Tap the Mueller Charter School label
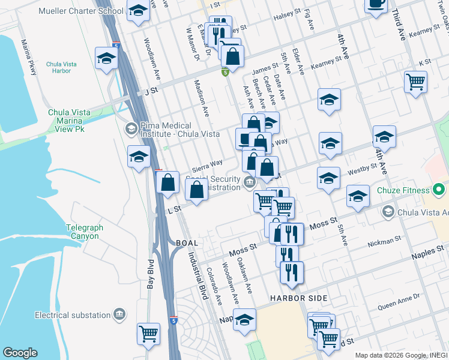pyautogui.click(x=80, y=11)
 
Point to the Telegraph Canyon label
pyautogui.click(x=82, y=232)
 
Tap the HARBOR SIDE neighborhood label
pyautogui.click(x=298, y=298)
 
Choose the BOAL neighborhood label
pyautogui.click(x=188, y=242)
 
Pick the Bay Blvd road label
pyautogui.click(x=151, y=274)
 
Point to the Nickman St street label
pyautogui.click(x=384, y=241)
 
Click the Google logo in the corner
pyautogui.click(x=19, y=353)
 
